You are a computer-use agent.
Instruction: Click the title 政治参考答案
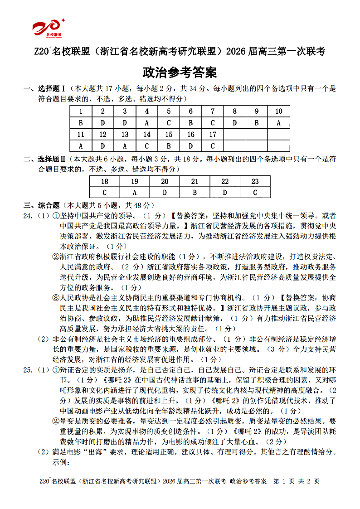(x=180, y=72)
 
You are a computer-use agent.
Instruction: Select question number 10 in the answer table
(x=278, y=111)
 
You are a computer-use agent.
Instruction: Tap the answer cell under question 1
(x=81, y=123)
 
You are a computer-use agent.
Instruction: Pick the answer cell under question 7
(x=213, y=123)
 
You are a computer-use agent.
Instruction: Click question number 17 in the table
(x=213, y=135)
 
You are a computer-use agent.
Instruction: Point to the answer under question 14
(x=146, y=146)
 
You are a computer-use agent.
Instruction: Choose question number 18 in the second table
(x=104, y=181)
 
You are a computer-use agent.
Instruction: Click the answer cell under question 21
(x=195, y=193)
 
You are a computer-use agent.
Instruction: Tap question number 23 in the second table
(x=255, y=181)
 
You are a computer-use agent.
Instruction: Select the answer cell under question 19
(x=134, y=193)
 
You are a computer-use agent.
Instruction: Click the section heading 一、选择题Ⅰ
(x=45, y=88)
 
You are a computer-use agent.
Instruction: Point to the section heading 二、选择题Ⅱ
(x=45, y=159)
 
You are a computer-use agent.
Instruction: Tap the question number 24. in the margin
(x=29, y=215)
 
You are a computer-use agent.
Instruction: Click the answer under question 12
(x=103, y=146)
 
